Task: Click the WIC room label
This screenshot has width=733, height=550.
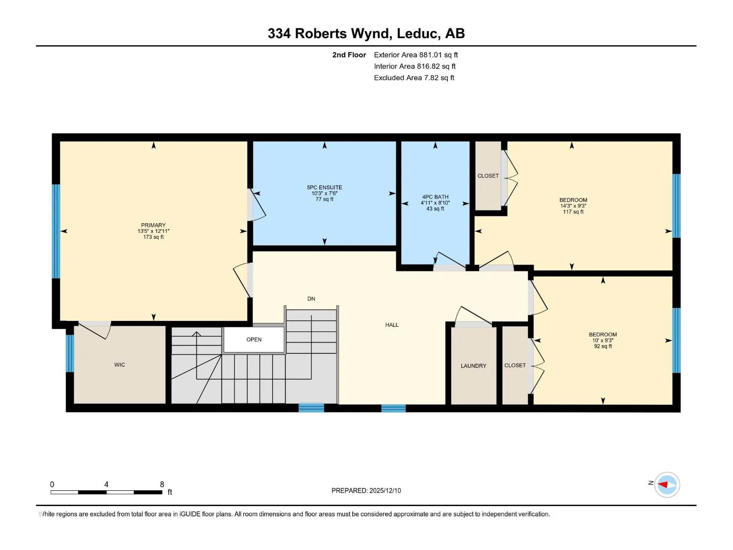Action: pyautogui.click(x=120, y=365)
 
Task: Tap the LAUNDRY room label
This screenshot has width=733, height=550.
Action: pyautogui.click(x=473, y=366)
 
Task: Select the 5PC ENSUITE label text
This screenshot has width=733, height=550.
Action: pyautogui.click(x=324, y=187)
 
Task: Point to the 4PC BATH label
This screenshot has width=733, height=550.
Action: pyautogui.click(x=435, y=197)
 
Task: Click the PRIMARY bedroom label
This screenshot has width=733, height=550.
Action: pyautogui.click(x=153, y=225)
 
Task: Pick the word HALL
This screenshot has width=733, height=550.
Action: pyautogui.click(x=392, y=325)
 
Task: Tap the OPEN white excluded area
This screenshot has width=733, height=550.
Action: pyautogui.click(x=254, y=340)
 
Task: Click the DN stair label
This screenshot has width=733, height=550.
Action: pyautogui.click(x=311, y=299)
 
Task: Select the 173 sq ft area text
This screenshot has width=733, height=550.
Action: pyautogui.click(x=153, y=237)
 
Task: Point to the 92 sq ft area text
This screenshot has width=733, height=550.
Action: pyautogui.click(x=603, y=346)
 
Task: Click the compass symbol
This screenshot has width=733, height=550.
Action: pyautogui.click(x=667, y=484)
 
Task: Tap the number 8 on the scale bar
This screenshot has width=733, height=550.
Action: pyautogui.click(x=162, y=484)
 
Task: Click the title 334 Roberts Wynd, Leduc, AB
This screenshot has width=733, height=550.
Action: pyautogui.click(x=366, y=33)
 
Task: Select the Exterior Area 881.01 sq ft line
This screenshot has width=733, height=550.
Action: pyautogui.click(x=416, y=55)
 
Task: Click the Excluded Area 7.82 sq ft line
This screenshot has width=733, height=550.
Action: pyautogui.click(x=414, y=78)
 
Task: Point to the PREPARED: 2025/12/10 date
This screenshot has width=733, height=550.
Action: pyautogui.click(x=366, y=490)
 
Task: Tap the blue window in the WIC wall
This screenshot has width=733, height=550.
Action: pyautogui.click(x=70, y=353)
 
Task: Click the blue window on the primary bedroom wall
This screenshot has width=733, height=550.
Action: pyautogui.click(x=56, y=231)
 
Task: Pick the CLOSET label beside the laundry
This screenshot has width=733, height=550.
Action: pyautogui.click(x=515, y=366)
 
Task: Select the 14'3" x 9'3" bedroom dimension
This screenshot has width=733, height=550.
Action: pyautogui.click(x=573, y=206)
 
